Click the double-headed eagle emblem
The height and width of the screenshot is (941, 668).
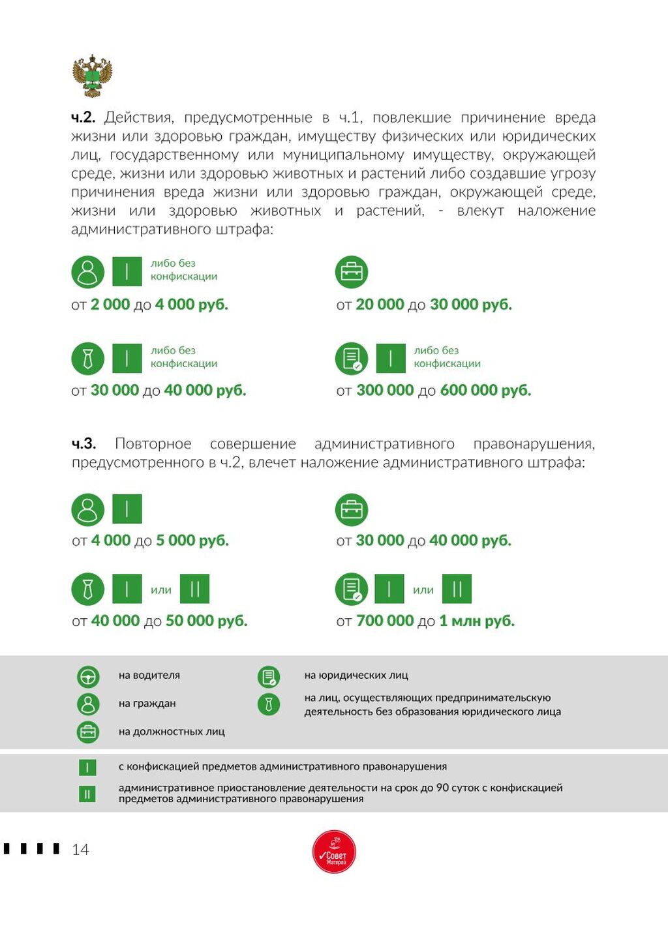(92, 76)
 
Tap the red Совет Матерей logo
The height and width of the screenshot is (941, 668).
(334, 852)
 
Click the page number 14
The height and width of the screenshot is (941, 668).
(80, 849)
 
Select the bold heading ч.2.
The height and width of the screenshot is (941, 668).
(83, 117)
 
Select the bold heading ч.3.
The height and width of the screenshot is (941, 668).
(83, 443)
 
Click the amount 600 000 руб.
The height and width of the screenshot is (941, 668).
(485, 390)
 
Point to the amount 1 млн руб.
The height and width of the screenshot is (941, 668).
(476, 621)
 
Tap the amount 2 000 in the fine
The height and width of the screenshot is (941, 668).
(110, 305)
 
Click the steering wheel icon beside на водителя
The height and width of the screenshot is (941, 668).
(88, 677)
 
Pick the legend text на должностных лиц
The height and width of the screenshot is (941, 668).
(172, 732)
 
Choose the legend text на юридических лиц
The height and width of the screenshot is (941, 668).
(356, 676)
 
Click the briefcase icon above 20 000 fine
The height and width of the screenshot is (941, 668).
(352, 272)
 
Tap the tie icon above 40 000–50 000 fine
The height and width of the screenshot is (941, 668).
(88, 589)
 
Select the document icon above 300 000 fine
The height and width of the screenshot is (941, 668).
(352, 358)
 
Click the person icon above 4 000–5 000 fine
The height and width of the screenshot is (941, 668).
(88, 509)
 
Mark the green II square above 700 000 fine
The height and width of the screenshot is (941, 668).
(457, 589)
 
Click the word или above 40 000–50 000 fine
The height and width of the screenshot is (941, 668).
(161, 590)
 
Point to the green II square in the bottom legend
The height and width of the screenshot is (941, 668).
(87, 794)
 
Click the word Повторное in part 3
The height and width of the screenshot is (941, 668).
(153, 443)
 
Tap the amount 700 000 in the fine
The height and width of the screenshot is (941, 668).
(385, 621)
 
